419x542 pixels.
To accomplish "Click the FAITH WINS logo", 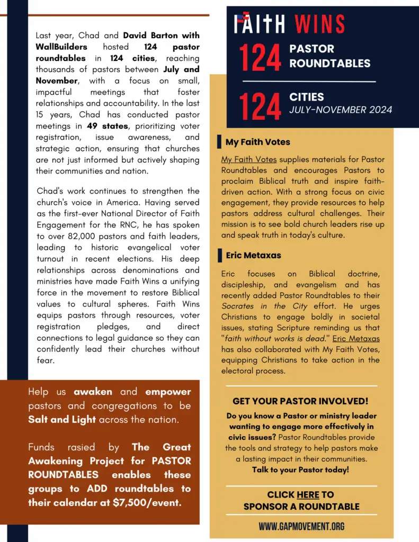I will tap(289, 24).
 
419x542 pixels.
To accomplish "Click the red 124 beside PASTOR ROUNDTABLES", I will tap(260, 58).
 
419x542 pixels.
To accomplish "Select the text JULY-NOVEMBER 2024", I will tap(341, 110).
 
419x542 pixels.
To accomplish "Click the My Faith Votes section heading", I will tap(257, 142).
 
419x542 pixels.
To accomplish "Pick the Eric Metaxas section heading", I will tap(253, 255).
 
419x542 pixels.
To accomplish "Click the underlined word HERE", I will tap(308, 494).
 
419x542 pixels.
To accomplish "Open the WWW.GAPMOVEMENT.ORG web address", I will tap(301, 526).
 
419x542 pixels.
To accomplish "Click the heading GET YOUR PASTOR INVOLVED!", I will tap(300, 401).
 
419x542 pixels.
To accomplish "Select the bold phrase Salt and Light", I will tap(62, 419).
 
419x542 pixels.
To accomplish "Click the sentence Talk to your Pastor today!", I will tap(300, 469).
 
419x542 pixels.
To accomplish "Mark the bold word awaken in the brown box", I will tap(93, 392).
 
